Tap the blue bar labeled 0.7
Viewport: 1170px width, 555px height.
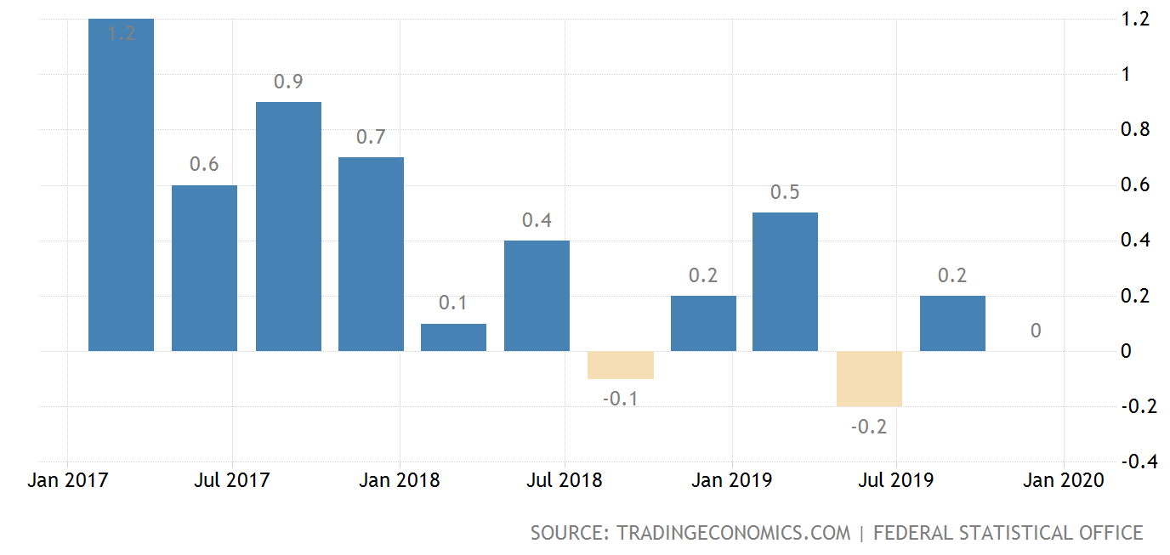371,254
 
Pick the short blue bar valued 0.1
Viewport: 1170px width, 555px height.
453,337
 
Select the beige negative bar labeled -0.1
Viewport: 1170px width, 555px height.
620,365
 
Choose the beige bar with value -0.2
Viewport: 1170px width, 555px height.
869,379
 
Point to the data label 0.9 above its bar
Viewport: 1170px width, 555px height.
288,82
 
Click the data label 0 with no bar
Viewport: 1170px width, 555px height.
1036,331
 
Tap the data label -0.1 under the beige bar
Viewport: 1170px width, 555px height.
620,399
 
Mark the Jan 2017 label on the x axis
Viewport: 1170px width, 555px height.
68,480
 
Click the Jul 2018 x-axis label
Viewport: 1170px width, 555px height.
565,480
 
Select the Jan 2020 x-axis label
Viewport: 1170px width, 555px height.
1063,480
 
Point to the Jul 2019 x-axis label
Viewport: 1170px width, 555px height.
896,480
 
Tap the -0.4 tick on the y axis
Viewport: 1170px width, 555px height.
1137,462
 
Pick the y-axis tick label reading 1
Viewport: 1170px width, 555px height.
1127,74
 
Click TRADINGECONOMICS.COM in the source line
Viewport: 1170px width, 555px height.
733,533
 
